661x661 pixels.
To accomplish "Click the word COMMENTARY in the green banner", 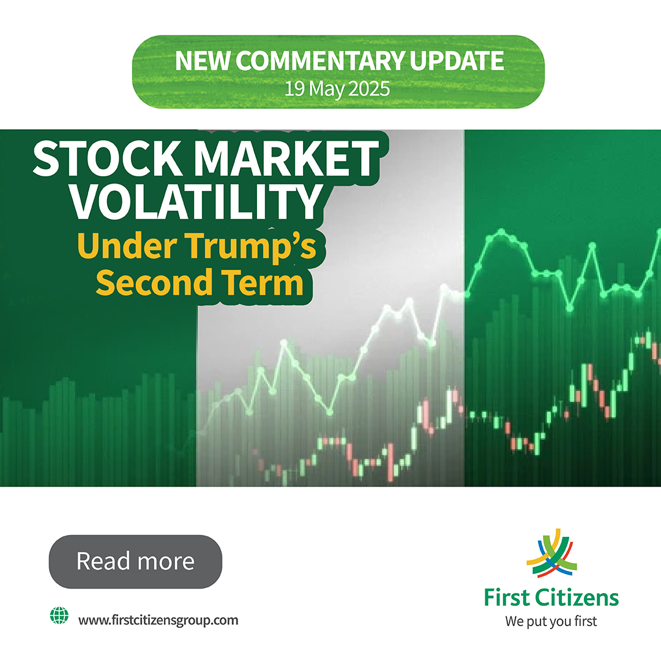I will tap(319, 62).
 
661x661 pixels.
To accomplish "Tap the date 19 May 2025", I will tap(337, 89).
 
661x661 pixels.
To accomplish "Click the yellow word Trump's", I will tap(256, 247).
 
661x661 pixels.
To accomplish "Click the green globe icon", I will tap(58, 616).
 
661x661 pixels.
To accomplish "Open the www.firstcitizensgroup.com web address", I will tap(158, 619).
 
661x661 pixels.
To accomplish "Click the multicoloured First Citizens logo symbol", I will tap(550, 553).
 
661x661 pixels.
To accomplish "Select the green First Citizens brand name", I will tap(551, 597).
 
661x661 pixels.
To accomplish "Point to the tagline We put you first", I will tap(551, 621).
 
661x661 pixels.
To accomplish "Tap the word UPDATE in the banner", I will tap(455, 62).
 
